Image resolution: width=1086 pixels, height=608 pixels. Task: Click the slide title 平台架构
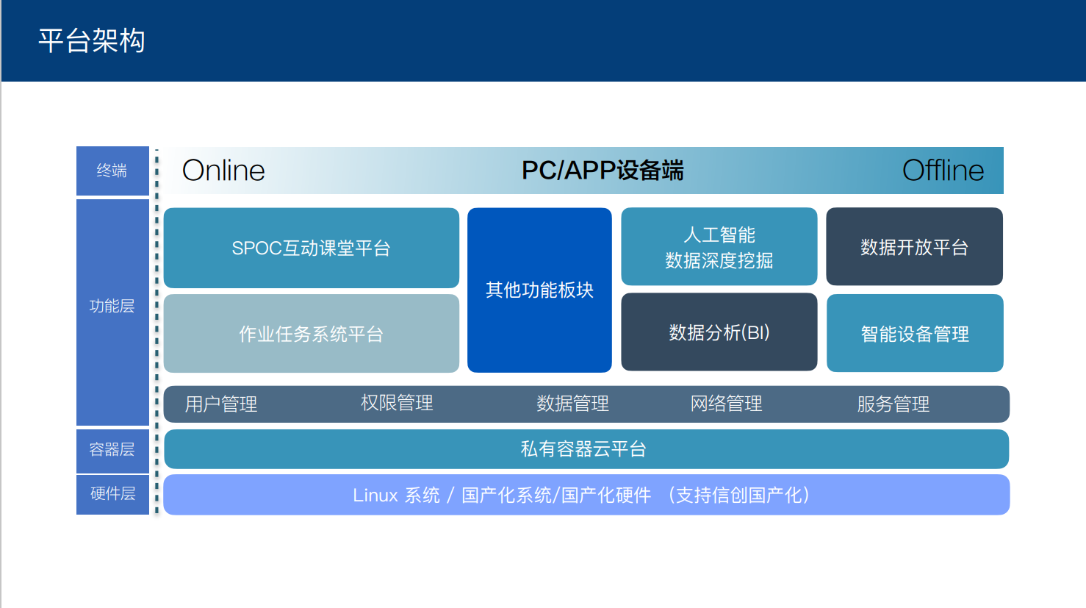pyautogui.click(x=92, y=40)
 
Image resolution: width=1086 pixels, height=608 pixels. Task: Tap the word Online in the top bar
pyautogui.click(x=223, y=171)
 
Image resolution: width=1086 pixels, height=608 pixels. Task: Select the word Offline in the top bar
pyautogui.click(x=943, y=171)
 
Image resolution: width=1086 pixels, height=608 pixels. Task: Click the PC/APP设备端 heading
pyautogui.click(x=602, y=171)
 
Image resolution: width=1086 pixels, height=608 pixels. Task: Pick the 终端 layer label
pyautogui.click(x=112, y=171)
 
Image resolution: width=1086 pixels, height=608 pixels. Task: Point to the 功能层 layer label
pyautogui.click(x=112, y=306)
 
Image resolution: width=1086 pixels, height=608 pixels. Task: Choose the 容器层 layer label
pyautogui.click(x=112, y=449)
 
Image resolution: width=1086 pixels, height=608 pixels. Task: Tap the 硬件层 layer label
pyautogui.click(x=112, y=493)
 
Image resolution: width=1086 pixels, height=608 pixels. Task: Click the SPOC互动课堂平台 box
pyautogui.click(x=312, y=248)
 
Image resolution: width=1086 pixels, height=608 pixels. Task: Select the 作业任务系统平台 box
pyautogui.click(x=312, y=333)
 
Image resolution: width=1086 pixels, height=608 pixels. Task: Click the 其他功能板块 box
pyautogui.click(x=539, y=290)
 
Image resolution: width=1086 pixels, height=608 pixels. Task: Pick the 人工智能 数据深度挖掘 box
pyautogui.click(x=719, y=246)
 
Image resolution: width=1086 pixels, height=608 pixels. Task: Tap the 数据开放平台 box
pyautogui.click(x=914, y=246)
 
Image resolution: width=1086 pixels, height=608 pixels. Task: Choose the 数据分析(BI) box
pyautogui.click(x=719, y=332)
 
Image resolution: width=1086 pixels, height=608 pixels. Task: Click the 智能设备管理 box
pyautogui.click(x=915, y=333)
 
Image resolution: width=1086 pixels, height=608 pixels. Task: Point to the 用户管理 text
pyautogui.click(x=221, y=404)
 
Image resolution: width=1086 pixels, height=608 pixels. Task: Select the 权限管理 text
pyautogui.click(x=397, y=403)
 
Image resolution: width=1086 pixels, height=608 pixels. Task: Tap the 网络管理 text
pyautogui.click(x=726, y=403)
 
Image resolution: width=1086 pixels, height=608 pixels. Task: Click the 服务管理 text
pyautogui.click(x=893, y=404)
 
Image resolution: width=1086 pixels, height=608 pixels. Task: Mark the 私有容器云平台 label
pyautogui.click(x=583, y=449)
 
